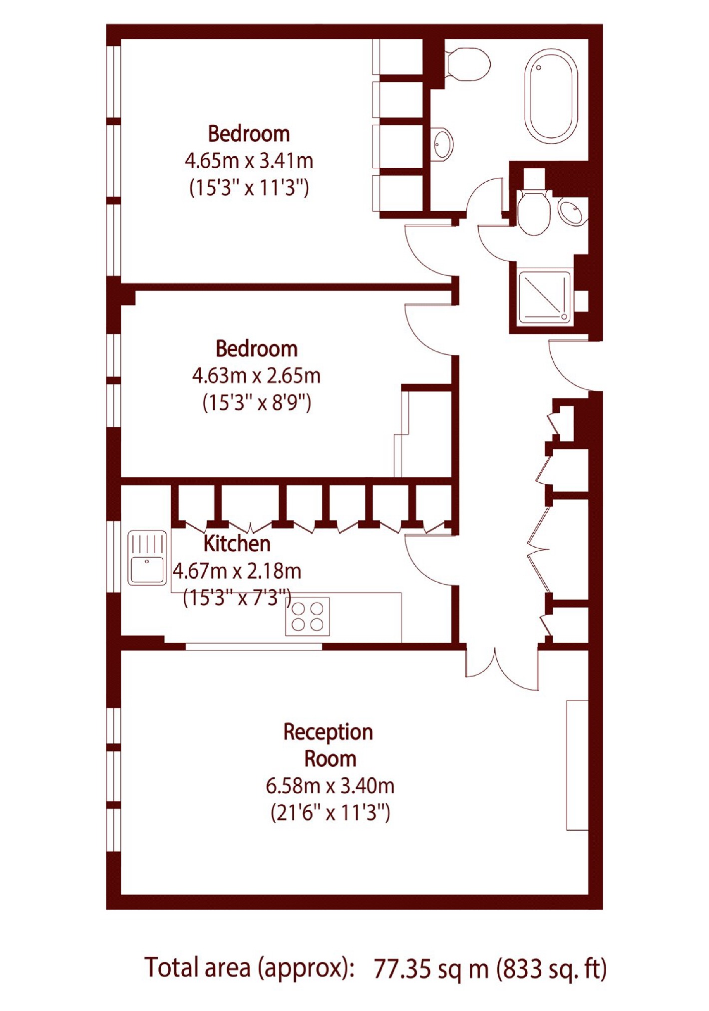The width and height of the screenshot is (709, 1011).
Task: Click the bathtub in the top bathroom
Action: coord(551,96)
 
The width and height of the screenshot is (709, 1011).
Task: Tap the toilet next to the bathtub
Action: coord(467,64)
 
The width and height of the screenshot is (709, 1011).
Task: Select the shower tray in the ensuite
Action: coord(545,297)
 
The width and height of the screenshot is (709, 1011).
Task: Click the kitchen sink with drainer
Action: coord(147,557)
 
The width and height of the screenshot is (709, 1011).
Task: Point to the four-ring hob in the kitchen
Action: coord(308,617)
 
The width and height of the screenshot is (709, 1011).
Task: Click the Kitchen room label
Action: coord(237,544)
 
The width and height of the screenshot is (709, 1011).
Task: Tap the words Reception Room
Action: coord(329,745)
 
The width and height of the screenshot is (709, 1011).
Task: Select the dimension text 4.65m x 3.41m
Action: coord(249,161)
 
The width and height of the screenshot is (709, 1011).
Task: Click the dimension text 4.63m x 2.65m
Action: coord(257,375)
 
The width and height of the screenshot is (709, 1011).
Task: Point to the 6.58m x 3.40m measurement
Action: coord(330,786)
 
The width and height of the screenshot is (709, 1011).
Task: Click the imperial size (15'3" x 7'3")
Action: coord(237,597)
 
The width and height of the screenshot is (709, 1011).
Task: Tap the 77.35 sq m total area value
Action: coord(431,969)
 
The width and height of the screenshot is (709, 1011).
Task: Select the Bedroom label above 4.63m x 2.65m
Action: coord(257,348)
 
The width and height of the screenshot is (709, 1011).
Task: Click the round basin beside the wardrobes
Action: coord(442,144)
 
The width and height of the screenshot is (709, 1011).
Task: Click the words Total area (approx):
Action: coord(249,969)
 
